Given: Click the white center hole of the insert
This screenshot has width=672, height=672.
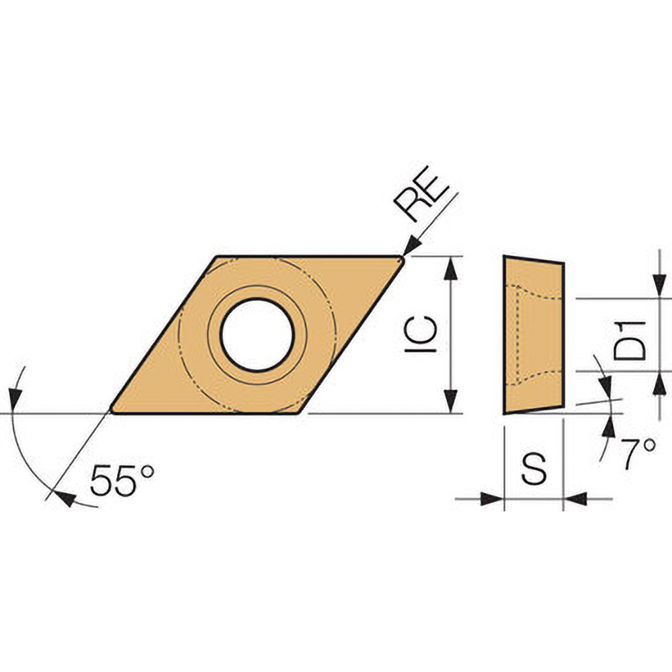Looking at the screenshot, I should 257,335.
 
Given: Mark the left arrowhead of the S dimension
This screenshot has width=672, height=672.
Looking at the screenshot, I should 493,499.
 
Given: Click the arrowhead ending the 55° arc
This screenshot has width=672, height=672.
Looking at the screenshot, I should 65,498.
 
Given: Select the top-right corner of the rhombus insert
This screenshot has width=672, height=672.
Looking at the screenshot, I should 401,257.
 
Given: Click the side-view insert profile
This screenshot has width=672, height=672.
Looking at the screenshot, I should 534,335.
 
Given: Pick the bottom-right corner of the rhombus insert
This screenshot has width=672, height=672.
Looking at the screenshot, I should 301,412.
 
